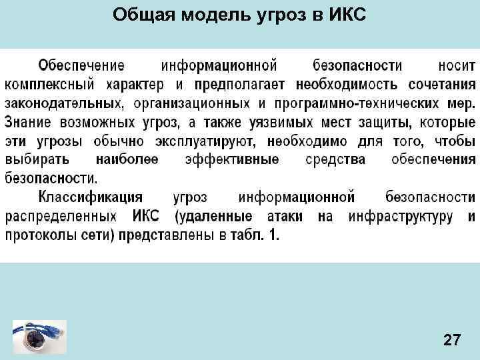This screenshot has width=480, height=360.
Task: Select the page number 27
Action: click(x=451, y=341)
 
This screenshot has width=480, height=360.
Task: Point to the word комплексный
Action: click(x=49, y=85)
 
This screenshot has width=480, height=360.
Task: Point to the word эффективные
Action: click(x=233, y=161)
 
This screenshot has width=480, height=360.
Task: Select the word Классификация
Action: click(x=91, y=198)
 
